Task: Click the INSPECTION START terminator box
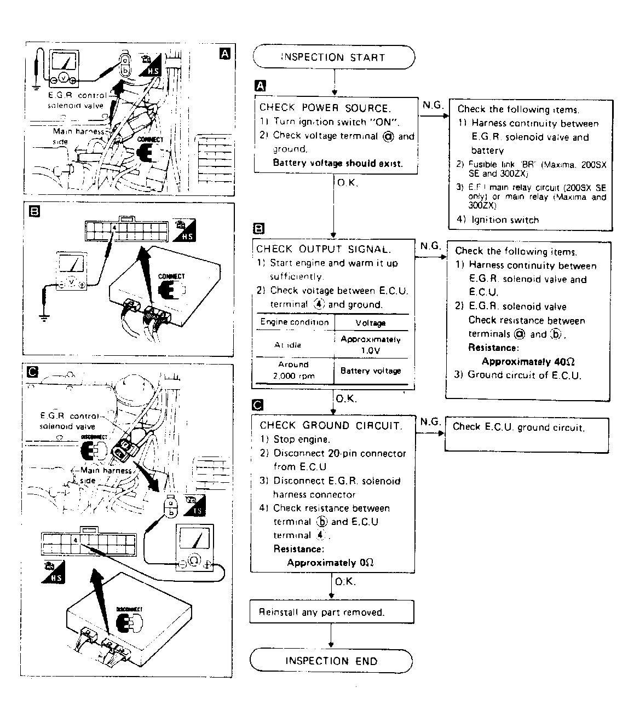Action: (x=333, y=57)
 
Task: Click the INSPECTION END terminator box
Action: (x=331, y=661)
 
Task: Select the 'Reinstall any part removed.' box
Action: (x=331, y=612)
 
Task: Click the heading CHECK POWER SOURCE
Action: (x=325, y=108)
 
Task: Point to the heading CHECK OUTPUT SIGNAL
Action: (x=323, y=249)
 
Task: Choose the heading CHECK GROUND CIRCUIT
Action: (x=330, y=425)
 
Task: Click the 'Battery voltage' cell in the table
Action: (x=371, y=371)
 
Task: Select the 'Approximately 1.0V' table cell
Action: (x=371, y=345)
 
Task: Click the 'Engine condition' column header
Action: (x=294, y=322)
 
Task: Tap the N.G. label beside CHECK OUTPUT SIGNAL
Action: (x=430, y=246)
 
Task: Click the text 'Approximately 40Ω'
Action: (x=528, y=361)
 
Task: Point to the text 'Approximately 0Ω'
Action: (x=330, y=563)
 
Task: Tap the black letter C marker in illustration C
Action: (x=32, y=372)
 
